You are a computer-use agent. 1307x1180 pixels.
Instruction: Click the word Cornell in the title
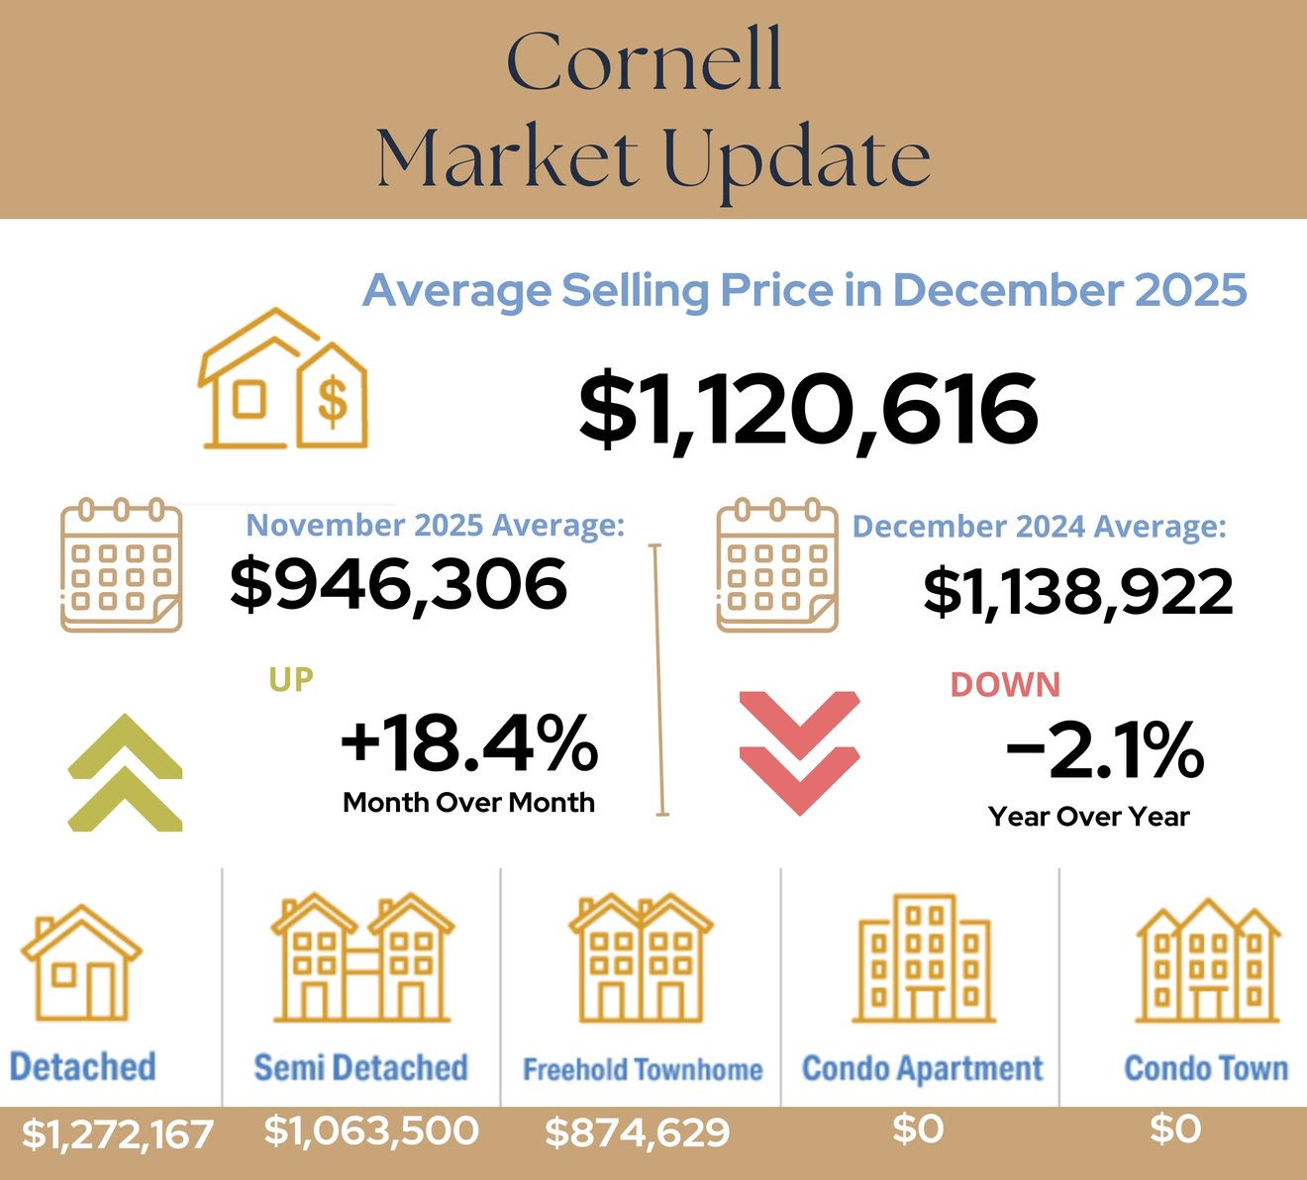(645, 61)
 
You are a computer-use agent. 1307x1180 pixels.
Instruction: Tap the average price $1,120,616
(808, 409)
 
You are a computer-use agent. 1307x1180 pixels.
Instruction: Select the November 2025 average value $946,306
(398, 583)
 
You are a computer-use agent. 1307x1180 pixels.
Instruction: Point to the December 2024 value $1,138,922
(1077, 592)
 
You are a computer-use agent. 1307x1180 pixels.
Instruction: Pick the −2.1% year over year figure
(1104, 750)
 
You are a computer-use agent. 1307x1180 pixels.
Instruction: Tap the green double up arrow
(126, 772)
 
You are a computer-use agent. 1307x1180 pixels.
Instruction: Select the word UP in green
(291, 679)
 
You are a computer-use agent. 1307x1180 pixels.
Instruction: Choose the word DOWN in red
(1005, 685)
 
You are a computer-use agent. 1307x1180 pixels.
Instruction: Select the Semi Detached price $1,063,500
(371, 1131)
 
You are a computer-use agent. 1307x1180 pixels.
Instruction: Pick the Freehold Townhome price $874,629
(638, 1132)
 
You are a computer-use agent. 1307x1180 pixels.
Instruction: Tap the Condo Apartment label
(922, 1069)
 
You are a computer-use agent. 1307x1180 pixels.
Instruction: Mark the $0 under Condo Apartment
(918, 1129)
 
